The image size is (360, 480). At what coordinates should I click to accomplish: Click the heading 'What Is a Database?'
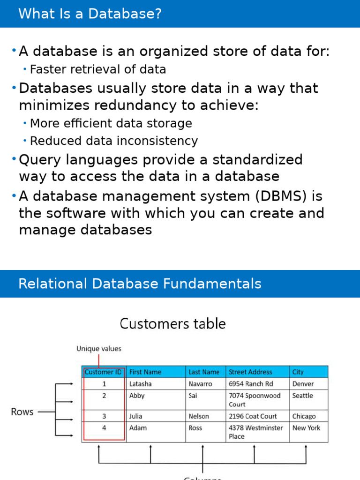tap(90, 14)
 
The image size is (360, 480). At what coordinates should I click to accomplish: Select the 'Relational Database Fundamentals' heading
tap(140, 284)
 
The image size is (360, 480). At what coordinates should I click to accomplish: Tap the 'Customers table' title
tap(173, 323)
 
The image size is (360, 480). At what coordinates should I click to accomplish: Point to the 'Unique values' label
tap(99, 349)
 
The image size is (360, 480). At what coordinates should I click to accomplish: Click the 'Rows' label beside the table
tap(22, 412)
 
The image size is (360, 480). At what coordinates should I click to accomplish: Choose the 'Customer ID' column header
tap(104, 372)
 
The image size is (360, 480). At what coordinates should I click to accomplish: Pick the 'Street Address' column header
tap(250, 372)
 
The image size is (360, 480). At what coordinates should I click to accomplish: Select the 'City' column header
tap(298, 372)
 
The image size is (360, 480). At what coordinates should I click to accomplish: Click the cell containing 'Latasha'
tap(141, 384)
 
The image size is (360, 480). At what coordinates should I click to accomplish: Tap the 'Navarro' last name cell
tap(200, 384)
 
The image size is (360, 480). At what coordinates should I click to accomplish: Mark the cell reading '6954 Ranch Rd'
tap(251, 384)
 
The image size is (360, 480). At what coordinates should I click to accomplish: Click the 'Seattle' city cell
tap(302, 396)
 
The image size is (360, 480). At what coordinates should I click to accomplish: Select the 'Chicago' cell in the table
tap(304, 416)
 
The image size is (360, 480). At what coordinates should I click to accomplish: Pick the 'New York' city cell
tap(306, 428)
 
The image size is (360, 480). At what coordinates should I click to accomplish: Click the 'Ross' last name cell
tap(195, 428)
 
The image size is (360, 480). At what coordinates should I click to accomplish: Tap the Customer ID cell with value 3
tap(104, 416)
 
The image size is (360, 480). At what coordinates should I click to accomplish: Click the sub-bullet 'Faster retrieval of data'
tap(97, 70)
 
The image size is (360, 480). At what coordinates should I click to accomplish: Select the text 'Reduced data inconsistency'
tap(113, 141)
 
